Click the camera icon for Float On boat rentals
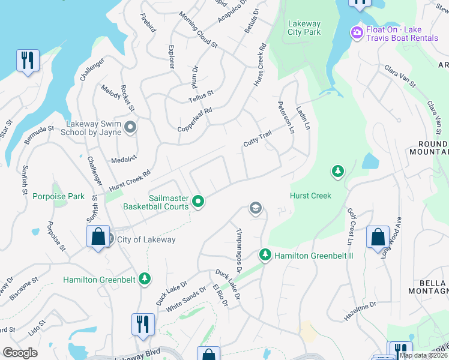point(357,32)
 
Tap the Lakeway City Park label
point(304,28)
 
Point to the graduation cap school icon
point(255,208)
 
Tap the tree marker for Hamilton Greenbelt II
point(265,256)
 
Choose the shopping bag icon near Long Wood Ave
point(378,237)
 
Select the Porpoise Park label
point(58,196)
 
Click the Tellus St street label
point(201,94)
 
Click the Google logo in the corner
point(20,353)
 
